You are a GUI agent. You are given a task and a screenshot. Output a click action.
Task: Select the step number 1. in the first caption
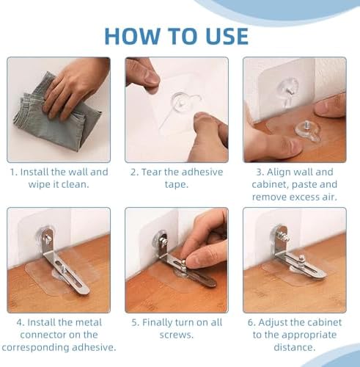click(x=14, y=172)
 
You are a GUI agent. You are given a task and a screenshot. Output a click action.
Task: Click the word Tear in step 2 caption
click(x=152, y=172)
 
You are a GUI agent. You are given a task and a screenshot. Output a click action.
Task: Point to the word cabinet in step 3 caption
click(x=270, y=184)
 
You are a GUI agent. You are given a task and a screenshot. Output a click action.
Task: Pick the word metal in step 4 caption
click(x=89, y=322)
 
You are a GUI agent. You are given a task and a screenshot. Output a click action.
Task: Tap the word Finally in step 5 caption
click(x=160, y=322)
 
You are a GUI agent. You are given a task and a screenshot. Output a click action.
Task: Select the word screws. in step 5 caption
click(x=177, y=335)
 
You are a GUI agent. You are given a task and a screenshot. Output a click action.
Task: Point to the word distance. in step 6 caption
click(x=294, y=347)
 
